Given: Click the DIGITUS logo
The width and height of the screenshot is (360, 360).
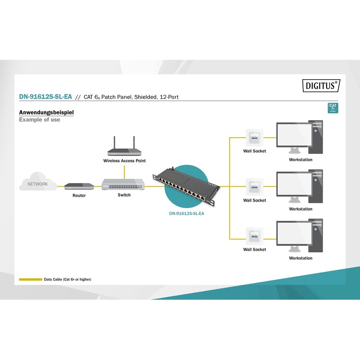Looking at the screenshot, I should pos(320,85).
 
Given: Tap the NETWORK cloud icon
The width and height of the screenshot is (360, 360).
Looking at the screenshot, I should pos(38,182).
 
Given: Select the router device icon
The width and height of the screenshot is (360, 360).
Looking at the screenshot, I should pos(79,186).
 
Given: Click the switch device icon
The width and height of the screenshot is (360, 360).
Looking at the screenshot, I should pos(123,184).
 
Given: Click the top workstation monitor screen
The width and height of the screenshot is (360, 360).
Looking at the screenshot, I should pos(293,135).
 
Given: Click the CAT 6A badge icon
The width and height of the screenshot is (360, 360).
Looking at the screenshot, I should pos(333,108).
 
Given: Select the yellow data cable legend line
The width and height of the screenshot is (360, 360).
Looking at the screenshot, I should pos(30,279).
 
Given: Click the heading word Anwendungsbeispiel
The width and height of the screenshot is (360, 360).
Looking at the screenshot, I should pos(46,112).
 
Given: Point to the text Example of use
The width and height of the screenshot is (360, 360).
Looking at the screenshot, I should pos(40,120).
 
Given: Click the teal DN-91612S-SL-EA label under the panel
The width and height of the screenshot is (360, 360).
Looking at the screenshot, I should pos(186,214).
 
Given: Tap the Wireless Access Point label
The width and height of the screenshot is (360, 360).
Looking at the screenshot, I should pos(125,161).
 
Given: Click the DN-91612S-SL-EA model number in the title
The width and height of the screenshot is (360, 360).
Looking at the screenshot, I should pos(45,97).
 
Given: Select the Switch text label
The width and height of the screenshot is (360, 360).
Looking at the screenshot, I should pos(124,195).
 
